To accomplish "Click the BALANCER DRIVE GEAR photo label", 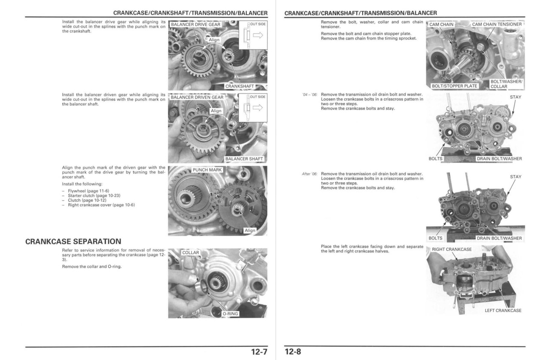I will point(196,24).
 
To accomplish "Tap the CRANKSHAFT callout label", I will point(239,86).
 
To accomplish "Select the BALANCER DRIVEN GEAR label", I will point(197,97).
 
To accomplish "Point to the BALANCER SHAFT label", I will point(244,159).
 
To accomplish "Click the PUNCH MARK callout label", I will point(207,170).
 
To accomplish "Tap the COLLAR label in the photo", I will point(191,253).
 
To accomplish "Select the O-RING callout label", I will point(230,314).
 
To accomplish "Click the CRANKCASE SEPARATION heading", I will point(73,241).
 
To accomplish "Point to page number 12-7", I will point(259,352).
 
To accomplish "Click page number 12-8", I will point(293,352).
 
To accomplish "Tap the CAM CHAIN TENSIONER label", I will point(497,24).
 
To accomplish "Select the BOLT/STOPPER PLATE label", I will point(454,86).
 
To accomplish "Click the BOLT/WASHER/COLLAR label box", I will point(506,84).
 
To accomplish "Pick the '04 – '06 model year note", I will point(309,95).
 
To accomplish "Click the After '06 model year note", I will point(309,174).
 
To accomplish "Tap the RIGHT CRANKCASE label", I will point(452,249).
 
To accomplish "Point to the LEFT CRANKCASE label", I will point(503,311).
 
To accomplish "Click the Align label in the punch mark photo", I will point(250,231).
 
